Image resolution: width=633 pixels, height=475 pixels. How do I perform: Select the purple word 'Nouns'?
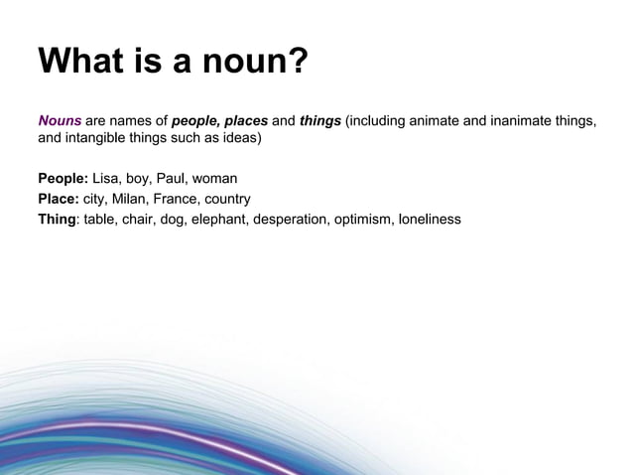[x=60, y=122]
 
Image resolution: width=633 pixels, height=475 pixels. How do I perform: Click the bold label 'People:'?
[x=63, y=180]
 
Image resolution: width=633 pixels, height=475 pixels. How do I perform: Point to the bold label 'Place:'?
[x=59, y=199]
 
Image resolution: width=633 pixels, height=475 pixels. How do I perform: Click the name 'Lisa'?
[x=106, y=180]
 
